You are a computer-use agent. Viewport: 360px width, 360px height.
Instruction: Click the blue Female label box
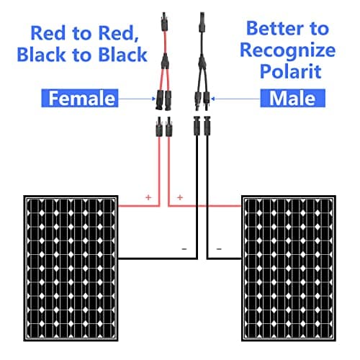click(80, 98)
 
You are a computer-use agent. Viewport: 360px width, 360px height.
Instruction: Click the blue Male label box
click(292, 98)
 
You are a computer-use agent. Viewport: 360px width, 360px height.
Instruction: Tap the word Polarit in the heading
click(290, 71)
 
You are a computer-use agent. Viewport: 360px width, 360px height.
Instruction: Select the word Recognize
click(288, 51)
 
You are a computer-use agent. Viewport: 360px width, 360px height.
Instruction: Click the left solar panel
click(71, 269)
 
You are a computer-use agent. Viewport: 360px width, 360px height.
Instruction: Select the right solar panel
click(289, 269)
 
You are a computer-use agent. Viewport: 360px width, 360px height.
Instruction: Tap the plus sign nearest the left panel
click(148, 197)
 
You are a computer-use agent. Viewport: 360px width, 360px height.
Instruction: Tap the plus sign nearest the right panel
click(180, 197)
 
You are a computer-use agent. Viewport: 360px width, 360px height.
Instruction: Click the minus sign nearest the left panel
click(184, 249)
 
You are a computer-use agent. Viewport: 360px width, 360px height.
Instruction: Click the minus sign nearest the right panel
click(219, 249)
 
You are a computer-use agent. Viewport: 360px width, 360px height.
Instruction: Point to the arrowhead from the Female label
click(153, 99)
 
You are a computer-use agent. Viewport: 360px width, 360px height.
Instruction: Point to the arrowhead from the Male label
click(212, 99)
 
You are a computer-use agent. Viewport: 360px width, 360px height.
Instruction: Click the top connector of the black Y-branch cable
click(202, 22)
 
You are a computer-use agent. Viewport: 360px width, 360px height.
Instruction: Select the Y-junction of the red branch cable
click(165, 62)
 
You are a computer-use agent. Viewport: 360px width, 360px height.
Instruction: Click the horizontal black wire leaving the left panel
click(158, 258)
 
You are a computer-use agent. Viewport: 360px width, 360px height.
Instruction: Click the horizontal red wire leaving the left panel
click(139, 206)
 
